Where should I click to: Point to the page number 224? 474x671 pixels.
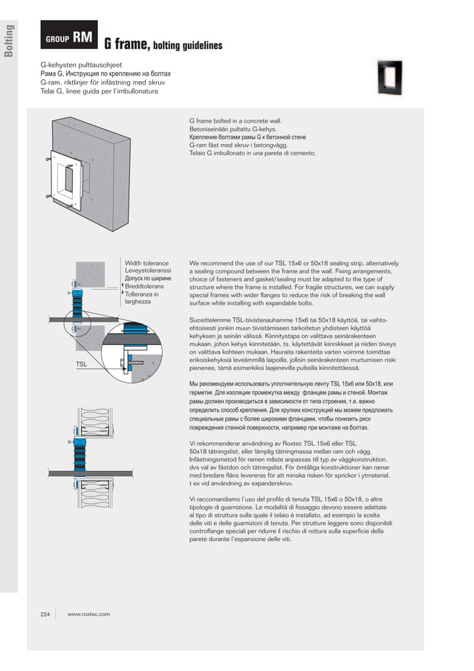pos(45,614)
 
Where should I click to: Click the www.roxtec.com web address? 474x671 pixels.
pos(88,614)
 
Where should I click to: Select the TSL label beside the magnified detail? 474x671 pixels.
pos(82,364)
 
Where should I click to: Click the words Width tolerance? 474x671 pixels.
pos(146,263)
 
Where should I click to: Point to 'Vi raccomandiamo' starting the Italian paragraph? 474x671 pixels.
pos(215,498)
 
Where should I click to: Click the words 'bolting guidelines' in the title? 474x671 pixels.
pos(188,46)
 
